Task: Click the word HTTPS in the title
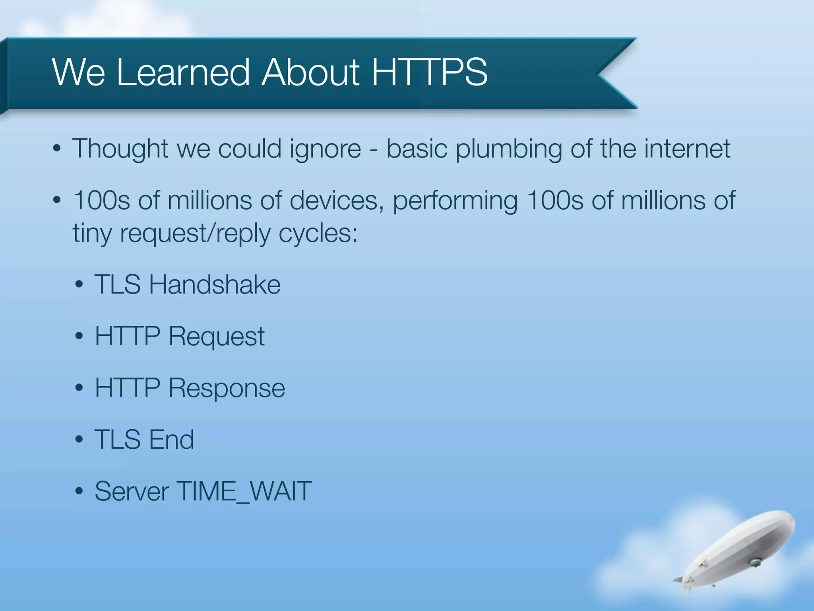[x=429, y=72]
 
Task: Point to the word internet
[x=687, y=148]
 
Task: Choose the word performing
[x=455, y=201]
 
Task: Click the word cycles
[x=318, y=234]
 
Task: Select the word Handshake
[x=215, y=284]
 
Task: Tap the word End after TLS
[x=171, y=440]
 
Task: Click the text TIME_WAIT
[x=244, y=492]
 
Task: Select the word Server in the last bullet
[x=131, y=491]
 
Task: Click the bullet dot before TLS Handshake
[x=79, y=285]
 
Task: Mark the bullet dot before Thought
[x=57, y=149]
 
